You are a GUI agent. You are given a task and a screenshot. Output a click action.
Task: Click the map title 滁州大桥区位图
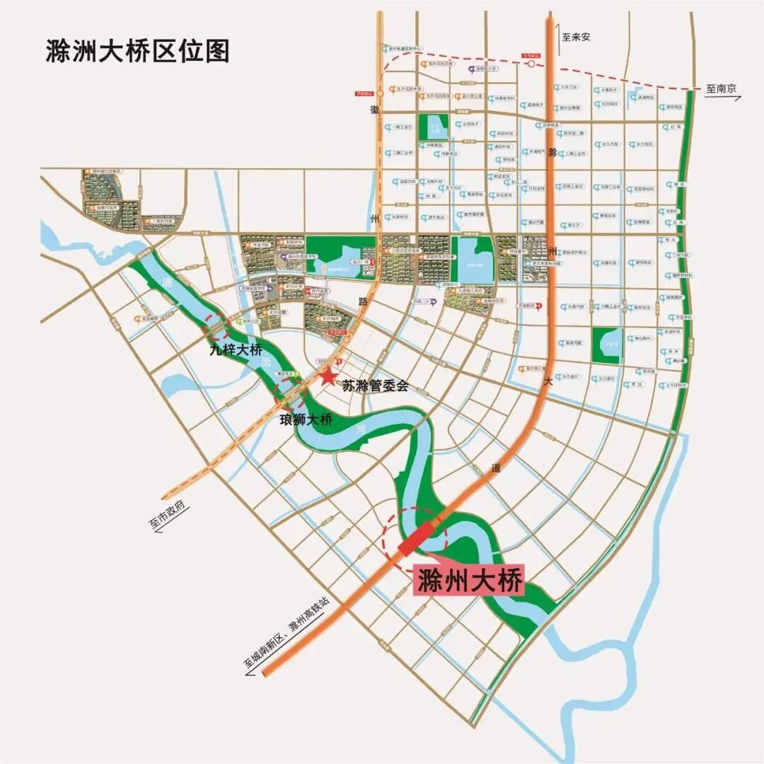(x=137, y=52)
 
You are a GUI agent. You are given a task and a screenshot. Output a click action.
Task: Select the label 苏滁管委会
(x=375, y=386)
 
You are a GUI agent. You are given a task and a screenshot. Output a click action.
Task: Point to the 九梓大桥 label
(x=236, y=349)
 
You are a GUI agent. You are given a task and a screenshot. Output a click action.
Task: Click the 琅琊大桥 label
(x=306, y=419)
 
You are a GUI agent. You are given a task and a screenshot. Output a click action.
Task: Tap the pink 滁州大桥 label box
(x=469, y=581)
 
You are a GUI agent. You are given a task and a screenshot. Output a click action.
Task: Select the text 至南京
(x=721, y=89)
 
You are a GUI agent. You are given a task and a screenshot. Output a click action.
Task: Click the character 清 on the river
(x=168, y=283)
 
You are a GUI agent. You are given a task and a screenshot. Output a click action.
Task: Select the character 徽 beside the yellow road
(x=374, y=110)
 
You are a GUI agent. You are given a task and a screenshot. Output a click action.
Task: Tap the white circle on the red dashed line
(x=531, y=64)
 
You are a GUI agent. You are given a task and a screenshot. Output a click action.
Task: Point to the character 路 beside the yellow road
(x=363, y=301)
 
